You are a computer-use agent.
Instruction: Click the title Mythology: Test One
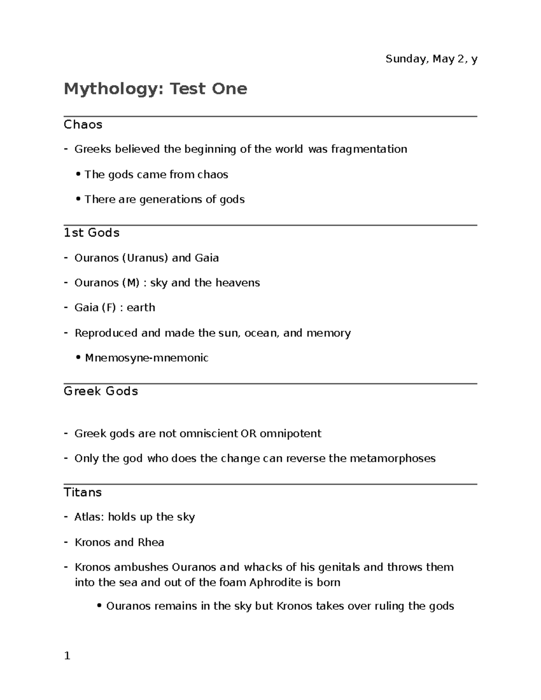pos(155,89)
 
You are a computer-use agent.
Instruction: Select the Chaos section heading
pos(83,124)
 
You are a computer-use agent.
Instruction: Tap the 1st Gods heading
pos(92,233)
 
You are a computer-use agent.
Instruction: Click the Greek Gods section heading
pos(101,391)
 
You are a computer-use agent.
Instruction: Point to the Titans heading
pos(83,492)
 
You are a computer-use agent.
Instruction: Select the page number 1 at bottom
pos(67,656)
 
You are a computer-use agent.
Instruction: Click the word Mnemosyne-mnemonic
pos(147,358)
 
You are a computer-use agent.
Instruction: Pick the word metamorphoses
pos(393,458)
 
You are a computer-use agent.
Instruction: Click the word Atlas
pos(89,517)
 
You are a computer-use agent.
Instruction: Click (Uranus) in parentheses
pos(146,258)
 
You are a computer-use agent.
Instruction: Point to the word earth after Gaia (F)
pos(141,307)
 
